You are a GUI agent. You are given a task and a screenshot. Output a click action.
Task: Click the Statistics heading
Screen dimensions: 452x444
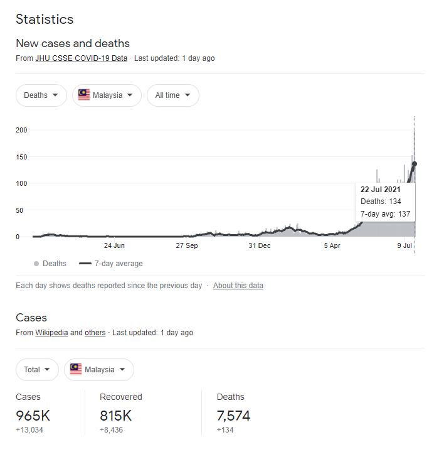[x=45, y=19]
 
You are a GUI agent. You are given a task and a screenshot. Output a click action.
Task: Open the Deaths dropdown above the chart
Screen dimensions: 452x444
[x=41, y=95]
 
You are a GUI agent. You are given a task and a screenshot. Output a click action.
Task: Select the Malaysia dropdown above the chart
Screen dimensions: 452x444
[x=107, y=95]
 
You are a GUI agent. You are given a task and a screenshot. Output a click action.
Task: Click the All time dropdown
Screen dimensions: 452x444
[x=173, y=95]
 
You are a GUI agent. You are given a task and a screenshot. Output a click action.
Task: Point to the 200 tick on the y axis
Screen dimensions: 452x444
[x=22, y=130]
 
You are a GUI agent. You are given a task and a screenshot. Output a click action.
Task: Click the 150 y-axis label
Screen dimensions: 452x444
[x=22, y=157]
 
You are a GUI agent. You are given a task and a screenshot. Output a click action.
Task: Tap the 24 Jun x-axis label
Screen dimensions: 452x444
[x=114, y=245]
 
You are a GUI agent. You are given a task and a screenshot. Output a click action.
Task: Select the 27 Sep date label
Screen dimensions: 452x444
[x=187, y=245]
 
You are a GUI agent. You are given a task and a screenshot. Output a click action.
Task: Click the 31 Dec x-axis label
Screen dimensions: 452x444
[x=260, y=245]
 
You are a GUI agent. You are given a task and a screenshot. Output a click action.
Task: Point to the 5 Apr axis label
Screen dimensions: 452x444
[x=332, y=245]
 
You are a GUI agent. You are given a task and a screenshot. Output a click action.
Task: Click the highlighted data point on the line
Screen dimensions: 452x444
[x=415, y=164]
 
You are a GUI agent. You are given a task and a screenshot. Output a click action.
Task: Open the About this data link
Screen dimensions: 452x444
[x=238, y=286]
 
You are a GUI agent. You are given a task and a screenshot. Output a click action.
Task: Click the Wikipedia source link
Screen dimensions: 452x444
[x=51, y=333]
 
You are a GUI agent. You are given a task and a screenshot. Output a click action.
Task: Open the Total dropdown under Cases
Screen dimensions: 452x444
[x=37, y=370]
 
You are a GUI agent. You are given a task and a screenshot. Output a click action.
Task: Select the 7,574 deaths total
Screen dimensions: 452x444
[x=233, y=416]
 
